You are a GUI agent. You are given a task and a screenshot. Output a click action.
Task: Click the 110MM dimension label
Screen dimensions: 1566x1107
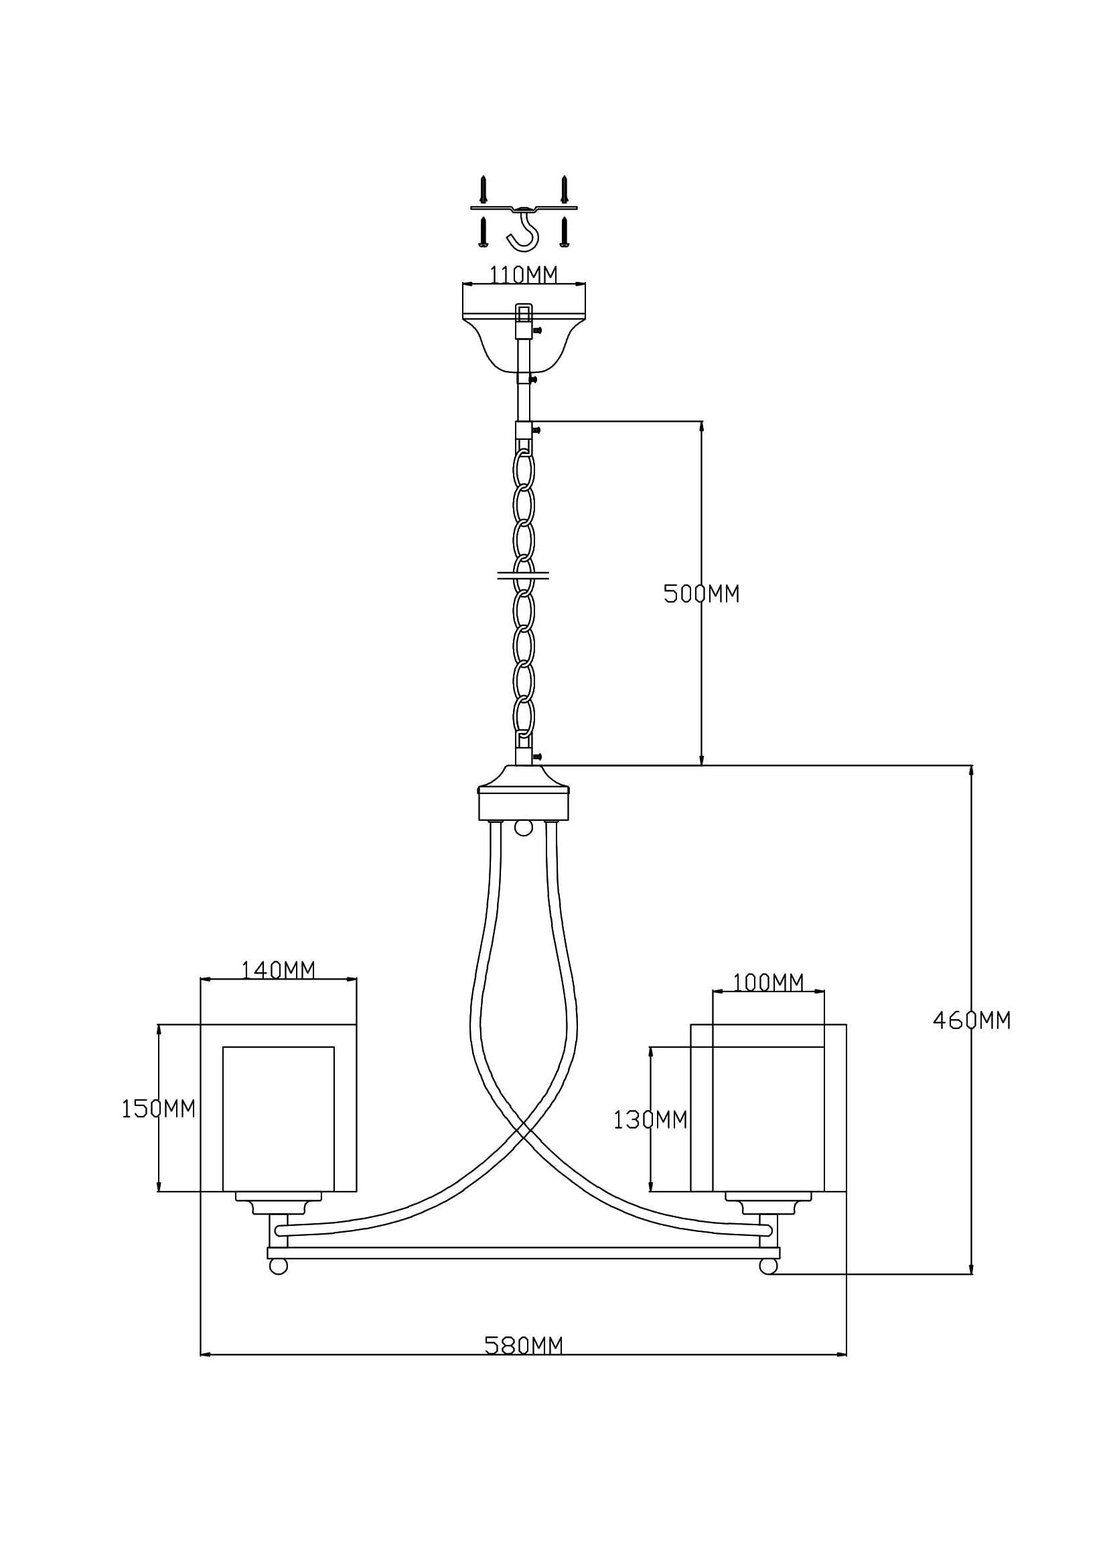pos(523,275)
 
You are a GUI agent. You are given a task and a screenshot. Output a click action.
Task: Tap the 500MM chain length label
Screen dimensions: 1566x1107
pos(701,594)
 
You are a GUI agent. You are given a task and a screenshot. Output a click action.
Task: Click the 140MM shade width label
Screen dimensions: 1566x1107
pos(279,969)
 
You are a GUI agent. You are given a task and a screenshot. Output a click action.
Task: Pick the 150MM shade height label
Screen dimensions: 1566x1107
pos(158,1109)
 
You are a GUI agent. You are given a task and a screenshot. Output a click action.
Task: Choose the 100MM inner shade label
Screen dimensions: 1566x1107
pos(768,982)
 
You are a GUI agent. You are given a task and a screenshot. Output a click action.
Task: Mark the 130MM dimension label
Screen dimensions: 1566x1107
pos(650,1120)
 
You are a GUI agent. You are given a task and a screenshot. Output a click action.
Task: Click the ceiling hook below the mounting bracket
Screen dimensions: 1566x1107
pos(524,232)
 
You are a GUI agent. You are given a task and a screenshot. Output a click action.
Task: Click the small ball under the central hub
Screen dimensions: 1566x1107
pos(523,828)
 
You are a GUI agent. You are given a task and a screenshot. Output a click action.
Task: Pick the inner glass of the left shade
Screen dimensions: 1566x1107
pos(279,1119)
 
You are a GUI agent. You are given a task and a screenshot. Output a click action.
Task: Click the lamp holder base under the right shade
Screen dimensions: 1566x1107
pos(768,1203)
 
